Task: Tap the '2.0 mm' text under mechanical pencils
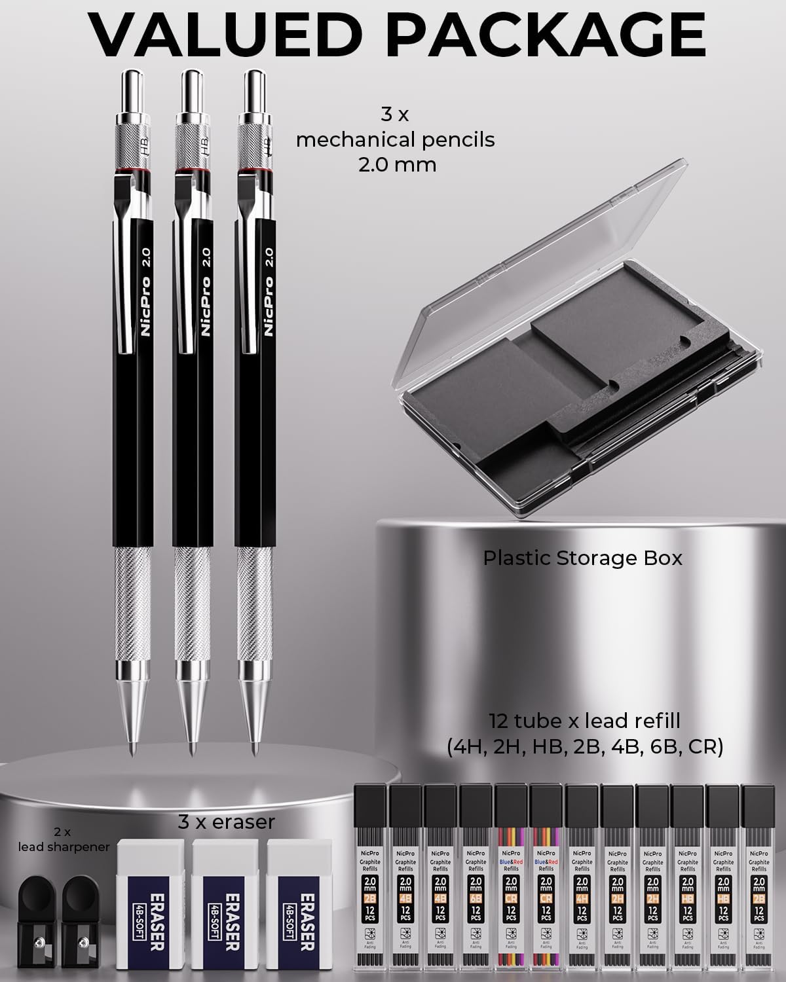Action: [x=397, y=164]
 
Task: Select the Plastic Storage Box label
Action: [x=582, y=558]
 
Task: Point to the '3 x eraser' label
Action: [x=227, y=822]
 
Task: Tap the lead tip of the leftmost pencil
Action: [x=133, y=748]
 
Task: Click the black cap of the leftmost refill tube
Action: [x=370, y=802]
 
